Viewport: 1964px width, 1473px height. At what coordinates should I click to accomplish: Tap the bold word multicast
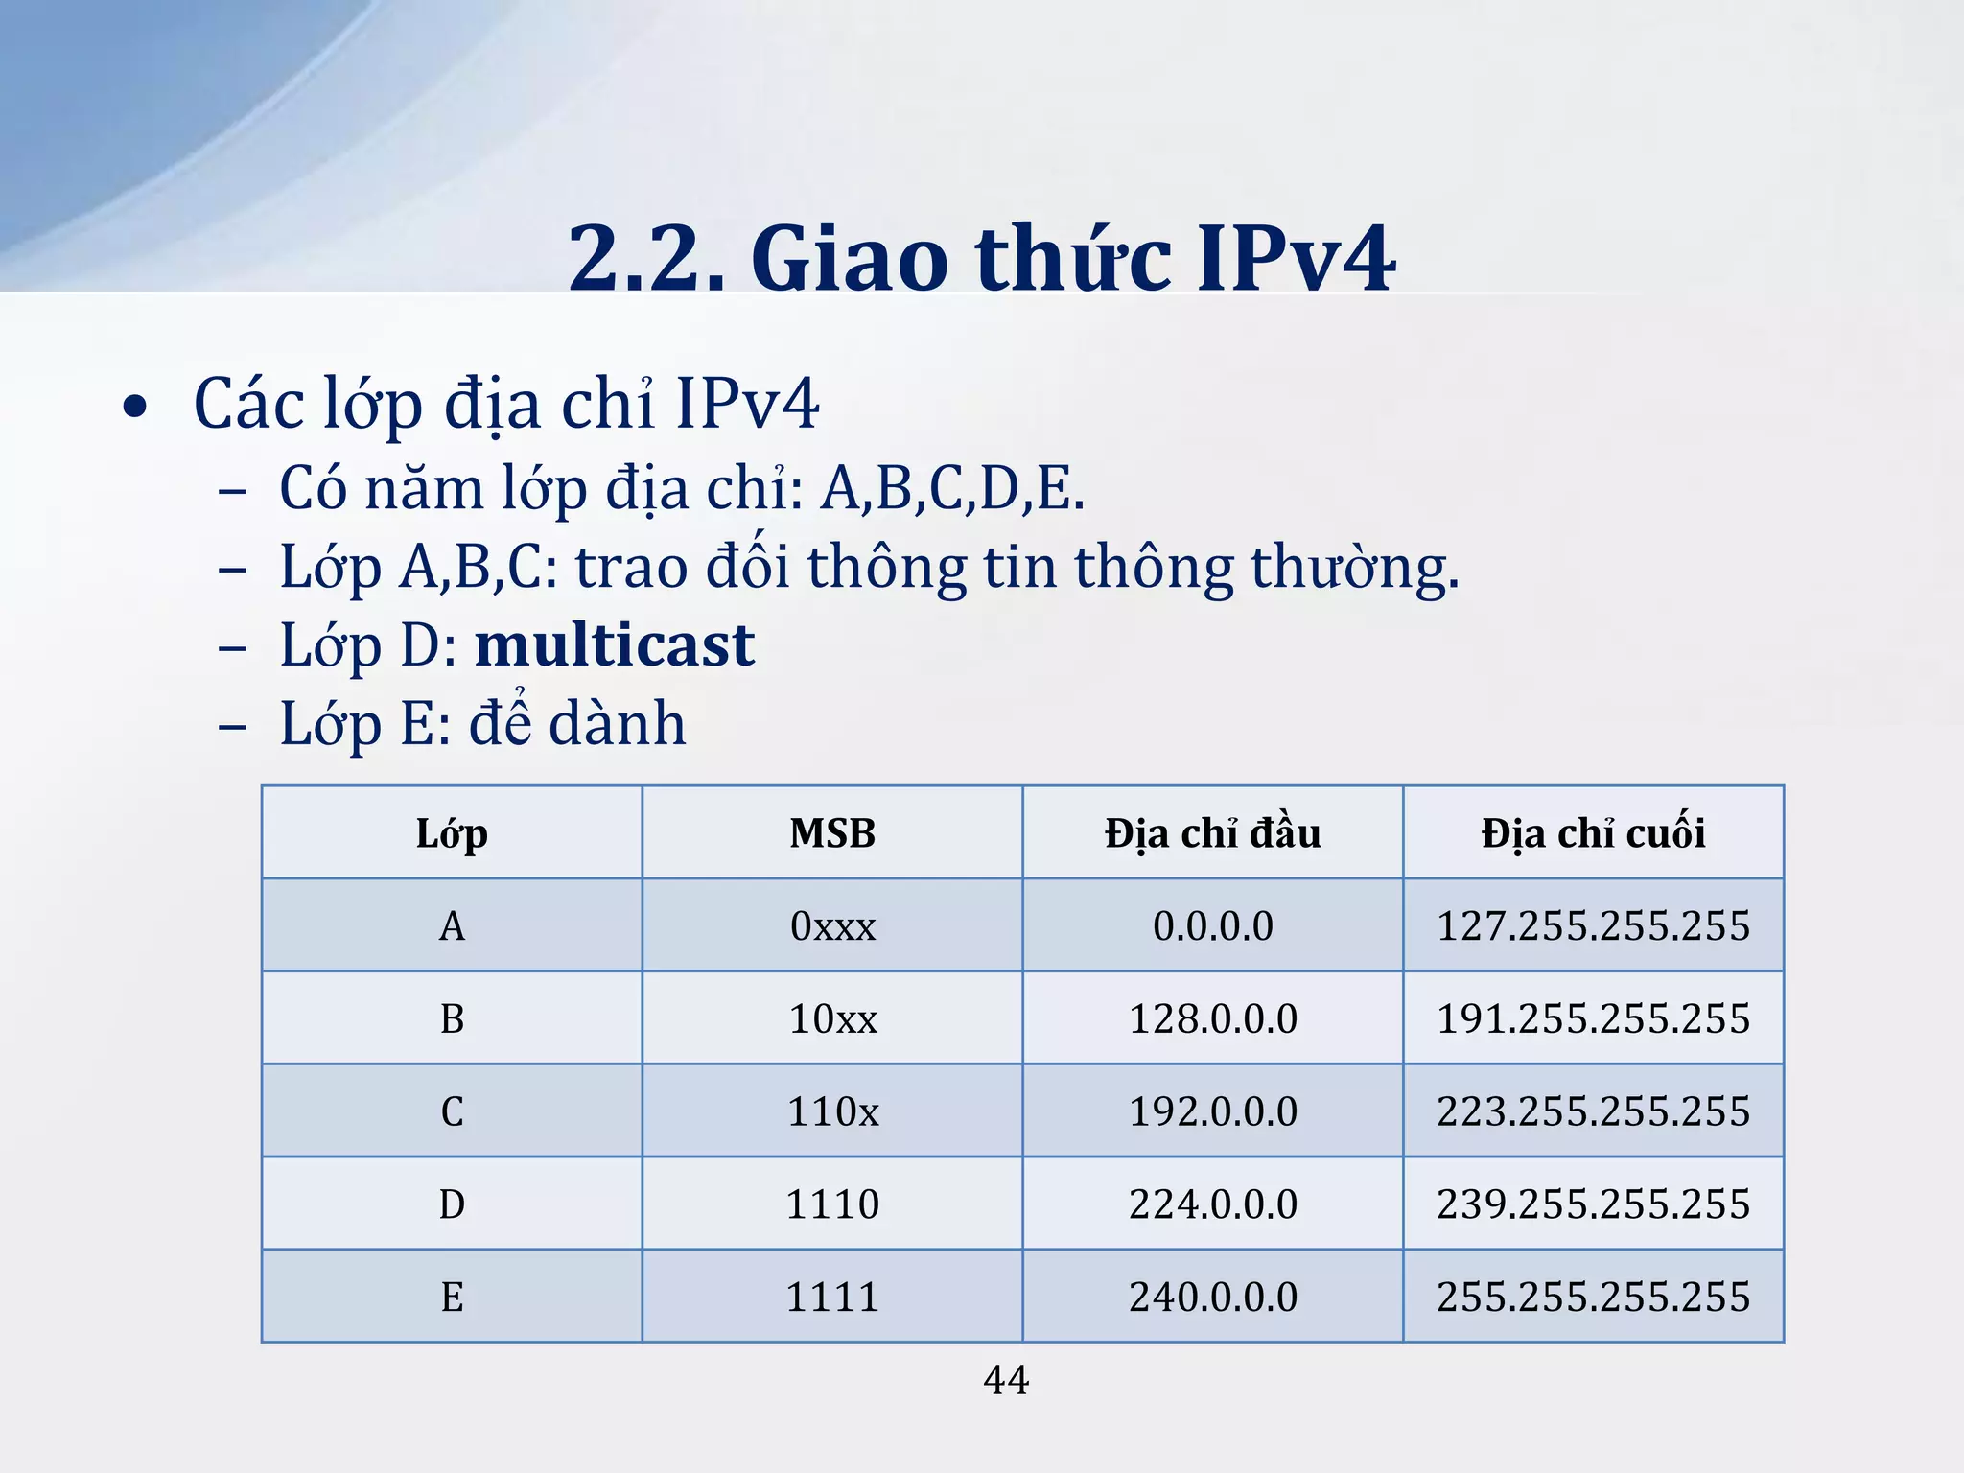615,645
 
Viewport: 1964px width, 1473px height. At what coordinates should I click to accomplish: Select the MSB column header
832,833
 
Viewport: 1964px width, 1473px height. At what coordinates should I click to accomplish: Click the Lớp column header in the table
452,833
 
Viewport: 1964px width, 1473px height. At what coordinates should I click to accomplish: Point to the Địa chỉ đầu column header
1212,833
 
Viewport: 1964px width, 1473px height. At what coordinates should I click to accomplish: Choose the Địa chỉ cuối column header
1593,833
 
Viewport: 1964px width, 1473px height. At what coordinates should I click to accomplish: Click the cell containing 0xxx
832,926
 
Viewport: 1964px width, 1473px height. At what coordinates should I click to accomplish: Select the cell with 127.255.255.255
1593,926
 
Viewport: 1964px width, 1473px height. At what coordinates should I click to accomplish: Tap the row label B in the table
452,1018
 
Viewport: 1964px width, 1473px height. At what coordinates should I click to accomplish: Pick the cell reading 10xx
832,1018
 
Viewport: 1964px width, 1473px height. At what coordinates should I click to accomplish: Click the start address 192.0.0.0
1212,1111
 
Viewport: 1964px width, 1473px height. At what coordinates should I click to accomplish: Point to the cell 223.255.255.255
1593,1111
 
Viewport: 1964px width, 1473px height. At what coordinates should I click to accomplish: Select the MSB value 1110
832,1204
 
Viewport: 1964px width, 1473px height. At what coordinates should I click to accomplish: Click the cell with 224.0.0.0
1212,1204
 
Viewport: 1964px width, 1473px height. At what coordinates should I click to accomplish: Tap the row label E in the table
452,1298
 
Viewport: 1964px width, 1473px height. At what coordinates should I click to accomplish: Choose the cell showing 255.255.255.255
1593,1298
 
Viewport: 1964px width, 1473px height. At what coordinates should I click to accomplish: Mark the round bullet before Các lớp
135,408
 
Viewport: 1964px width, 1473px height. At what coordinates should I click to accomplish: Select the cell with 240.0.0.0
1212,1298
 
